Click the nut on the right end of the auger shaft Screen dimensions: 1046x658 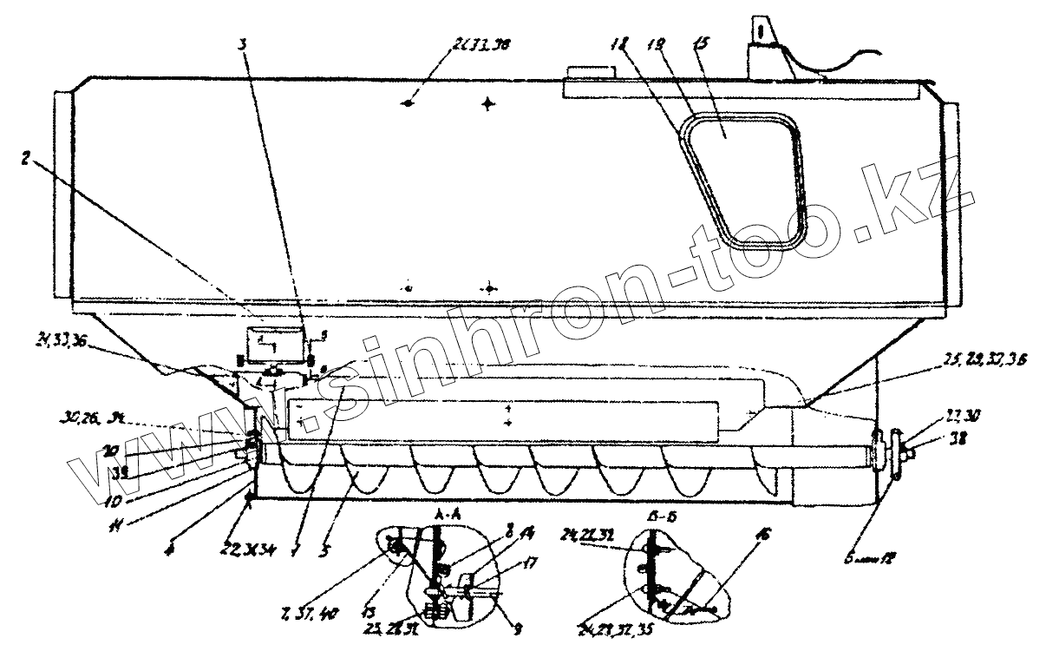tap(903, 450)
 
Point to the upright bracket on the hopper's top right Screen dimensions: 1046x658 tap(759, 43)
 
